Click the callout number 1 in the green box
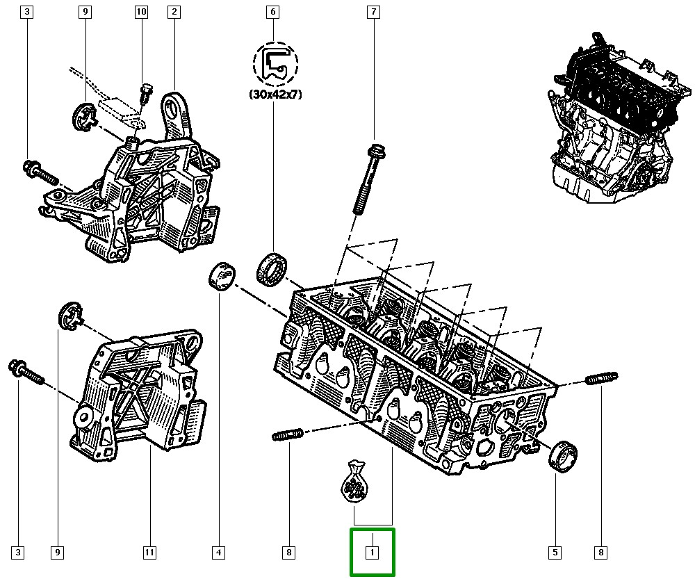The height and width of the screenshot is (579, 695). pos(373,553)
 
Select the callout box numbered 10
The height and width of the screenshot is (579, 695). pos(141,12)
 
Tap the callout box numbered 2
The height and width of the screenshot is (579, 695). pos(173,12)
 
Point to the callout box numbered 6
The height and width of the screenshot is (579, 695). pos(272,12)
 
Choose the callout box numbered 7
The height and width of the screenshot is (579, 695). pos(374,12)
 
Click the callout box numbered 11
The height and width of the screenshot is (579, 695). pos(149,553)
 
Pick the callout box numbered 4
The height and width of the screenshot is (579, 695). pos(218,553)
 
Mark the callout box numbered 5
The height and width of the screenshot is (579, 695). pos(555,553)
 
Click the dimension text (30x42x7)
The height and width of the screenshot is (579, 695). pos(276,96)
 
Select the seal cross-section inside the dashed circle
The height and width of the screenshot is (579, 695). pos(276,64)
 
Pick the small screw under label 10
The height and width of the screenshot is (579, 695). pos(145,93)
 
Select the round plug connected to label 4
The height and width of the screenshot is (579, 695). pos(221,277)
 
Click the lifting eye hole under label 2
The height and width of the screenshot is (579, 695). pos(172,109)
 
